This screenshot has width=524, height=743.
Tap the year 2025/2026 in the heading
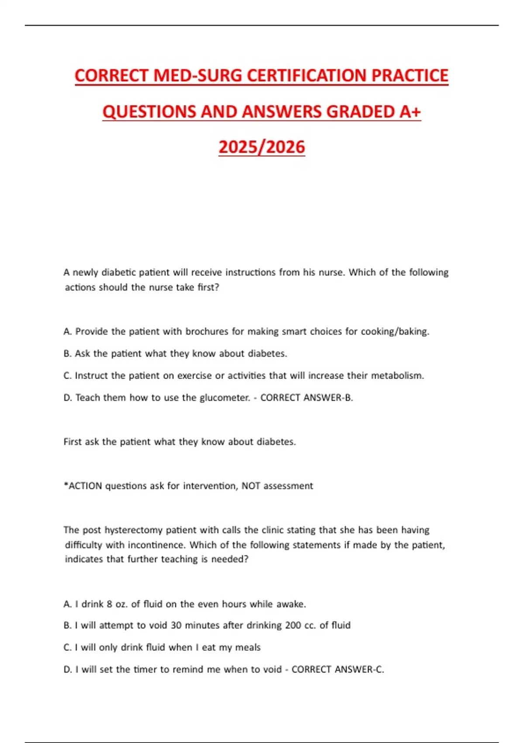coord(262,147)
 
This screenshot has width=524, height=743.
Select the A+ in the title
coord(410,112)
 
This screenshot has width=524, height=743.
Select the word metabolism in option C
coord(397,375)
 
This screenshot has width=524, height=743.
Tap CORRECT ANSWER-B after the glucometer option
coord(307,397)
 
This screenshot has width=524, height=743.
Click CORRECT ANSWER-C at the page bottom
coord(338,669)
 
